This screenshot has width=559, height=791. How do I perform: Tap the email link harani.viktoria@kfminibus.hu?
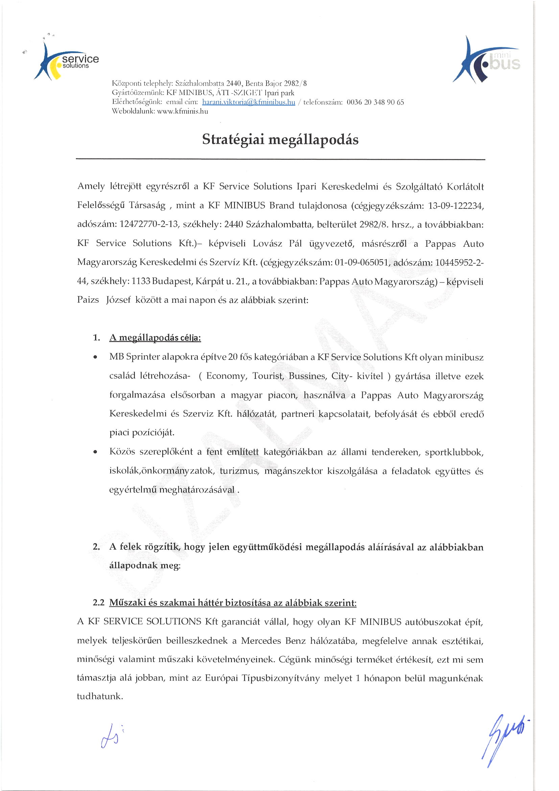pos(248,102)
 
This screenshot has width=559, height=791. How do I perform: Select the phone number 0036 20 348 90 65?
pos(375,102)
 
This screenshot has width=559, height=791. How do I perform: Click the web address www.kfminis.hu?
pos(183,111)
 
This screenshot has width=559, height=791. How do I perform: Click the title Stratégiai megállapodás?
pos(280,139)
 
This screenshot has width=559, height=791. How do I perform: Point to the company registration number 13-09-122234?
pos(456,206)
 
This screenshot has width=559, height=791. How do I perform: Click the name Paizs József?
pos(104,300)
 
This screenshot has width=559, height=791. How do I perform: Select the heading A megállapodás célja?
pos(155,338)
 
